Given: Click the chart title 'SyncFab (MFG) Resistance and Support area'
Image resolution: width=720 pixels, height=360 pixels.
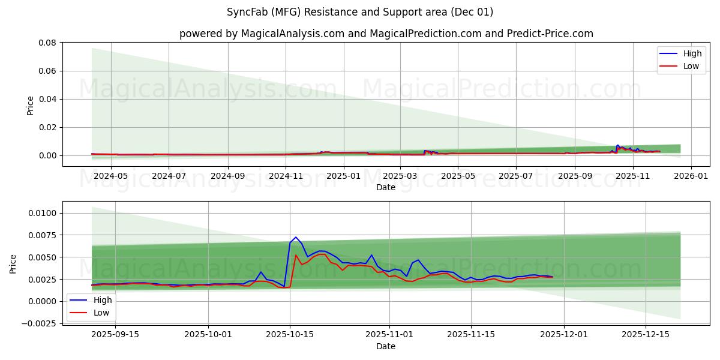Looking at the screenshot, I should click(360, 12).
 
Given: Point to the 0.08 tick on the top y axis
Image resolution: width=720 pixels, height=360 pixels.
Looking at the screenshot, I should click(47, 43).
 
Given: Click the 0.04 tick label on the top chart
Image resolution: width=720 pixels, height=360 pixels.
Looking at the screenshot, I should click(47, 99).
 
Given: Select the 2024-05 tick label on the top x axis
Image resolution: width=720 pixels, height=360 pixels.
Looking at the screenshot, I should click(111, 176).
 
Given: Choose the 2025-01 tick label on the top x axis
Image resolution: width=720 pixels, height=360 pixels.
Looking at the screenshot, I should click(344, 176).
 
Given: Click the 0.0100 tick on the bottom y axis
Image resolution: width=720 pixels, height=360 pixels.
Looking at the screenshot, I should click(43, 214).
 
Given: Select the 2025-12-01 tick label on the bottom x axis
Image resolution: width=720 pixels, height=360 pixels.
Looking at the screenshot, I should click(564, 335).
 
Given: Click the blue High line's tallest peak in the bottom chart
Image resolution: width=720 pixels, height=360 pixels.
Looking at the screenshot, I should click(296, 237).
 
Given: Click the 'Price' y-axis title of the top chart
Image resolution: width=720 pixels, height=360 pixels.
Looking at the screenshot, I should click(31, 105).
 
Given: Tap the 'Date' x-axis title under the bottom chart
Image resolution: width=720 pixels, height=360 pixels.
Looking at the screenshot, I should click(386, 346).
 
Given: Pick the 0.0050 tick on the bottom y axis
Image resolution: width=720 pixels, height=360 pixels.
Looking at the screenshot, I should click(43, 257).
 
